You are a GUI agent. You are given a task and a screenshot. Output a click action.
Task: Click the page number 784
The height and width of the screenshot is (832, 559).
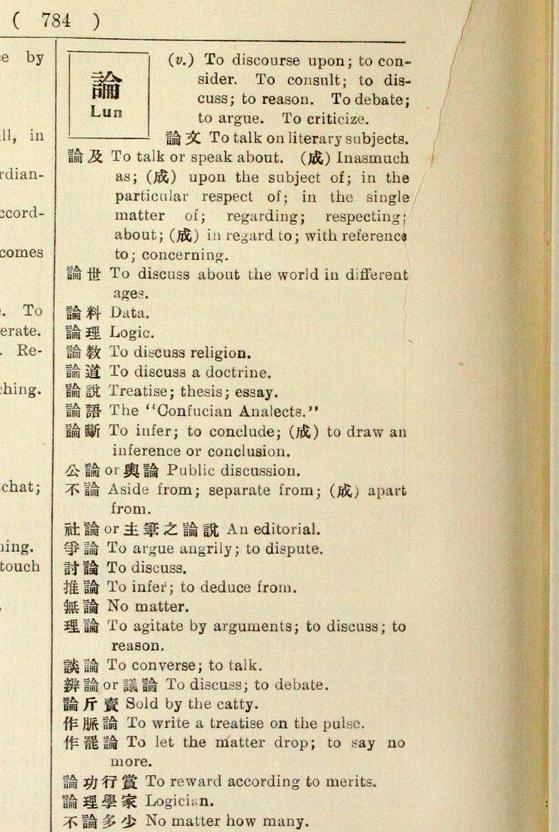56,21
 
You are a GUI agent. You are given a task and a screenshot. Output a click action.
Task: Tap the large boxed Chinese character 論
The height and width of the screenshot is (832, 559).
106,85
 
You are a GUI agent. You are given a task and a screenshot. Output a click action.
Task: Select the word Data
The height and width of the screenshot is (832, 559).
129,313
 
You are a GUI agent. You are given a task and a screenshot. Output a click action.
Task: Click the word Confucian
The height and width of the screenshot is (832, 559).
195,411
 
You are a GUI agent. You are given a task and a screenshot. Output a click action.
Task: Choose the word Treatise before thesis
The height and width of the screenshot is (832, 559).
139,392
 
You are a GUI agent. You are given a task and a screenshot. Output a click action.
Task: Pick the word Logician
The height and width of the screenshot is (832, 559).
179,801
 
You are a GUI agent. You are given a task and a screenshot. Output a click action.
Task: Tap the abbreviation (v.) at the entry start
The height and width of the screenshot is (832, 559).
181,60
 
